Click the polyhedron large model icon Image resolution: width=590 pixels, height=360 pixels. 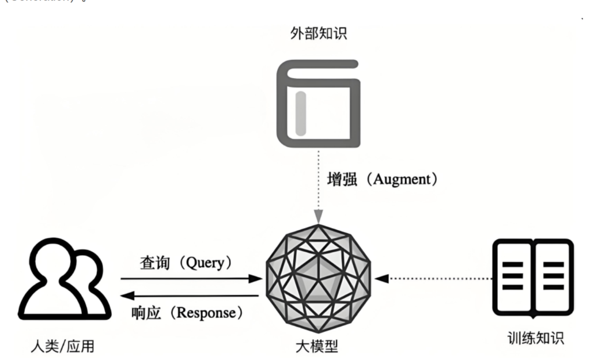pos(319,279)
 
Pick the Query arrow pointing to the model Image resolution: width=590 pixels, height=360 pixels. pos(190,279)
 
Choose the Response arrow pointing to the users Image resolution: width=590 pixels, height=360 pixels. pos(190,296)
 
